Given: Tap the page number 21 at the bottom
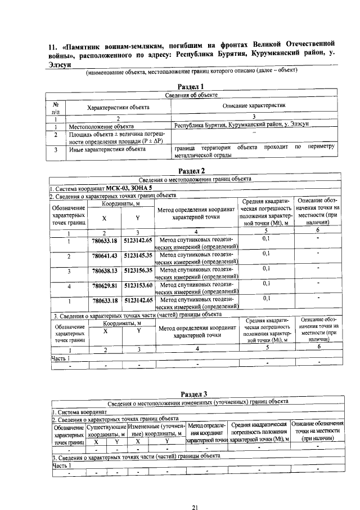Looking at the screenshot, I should (194, 491).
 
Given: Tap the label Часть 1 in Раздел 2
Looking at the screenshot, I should (60, 358).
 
